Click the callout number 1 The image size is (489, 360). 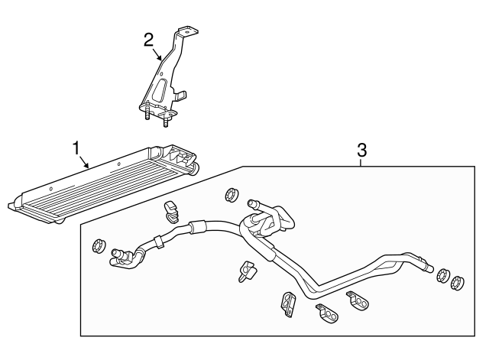[76, 149]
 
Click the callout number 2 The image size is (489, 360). [148, 41]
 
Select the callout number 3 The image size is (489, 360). [361, 150]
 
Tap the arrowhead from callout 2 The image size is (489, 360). [160, 58]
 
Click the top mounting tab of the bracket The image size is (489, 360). [188, 31]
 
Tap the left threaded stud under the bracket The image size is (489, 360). [147, 114]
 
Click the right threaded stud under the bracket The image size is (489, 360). [165, 121]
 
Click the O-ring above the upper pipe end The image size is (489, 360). [232, 195]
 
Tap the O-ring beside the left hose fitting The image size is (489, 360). [99, 245]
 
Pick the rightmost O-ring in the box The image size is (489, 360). [457, 283]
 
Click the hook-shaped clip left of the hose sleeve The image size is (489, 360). [170, 212]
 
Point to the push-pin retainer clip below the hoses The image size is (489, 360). [248, 271]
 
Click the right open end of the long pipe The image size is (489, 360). [429, 268]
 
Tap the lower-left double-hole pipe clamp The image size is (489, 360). [327, 314]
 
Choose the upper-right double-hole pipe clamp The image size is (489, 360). [358, 300]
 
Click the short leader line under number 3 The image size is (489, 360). [361, 163]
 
